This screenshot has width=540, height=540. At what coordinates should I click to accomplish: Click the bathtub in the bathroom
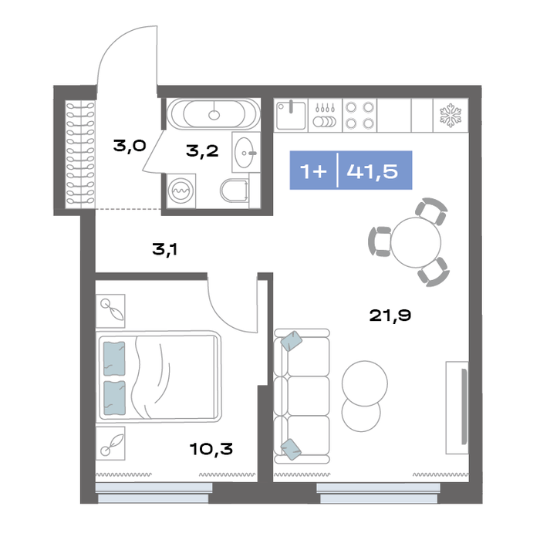point(214,113)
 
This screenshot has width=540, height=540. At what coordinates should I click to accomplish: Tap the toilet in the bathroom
point(235,190)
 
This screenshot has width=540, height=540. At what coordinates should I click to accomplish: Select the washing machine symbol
point(181,191)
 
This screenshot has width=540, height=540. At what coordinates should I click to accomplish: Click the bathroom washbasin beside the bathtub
point(245,152)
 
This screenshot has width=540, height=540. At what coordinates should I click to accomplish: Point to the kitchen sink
point(291,116)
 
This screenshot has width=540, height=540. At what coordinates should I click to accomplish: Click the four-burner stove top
point(359,115)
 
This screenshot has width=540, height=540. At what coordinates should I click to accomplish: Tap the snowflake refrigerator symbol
point(451,116)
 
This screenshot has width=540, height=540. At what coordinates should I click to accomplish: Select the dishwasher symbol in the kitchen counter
point(325,116)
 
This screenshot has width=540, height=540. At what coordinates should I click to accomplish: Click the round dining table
point(416,242)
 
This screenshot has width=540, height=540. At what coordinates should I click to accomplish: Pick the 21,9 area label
point(390,315)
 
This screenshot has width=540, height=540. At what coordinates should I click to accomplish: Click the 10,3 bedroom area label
point(211,449)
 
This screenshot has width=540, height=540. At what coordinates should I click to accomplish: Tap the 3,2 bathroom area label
point(202,151)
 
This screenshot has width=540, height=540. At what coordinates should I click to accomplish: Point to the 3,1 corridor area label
point(165,249)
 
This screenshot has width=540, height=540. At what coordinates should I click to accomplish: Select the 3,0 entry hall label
point(130,146)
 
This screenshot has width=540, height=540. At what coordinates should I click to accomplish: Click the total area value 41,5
point(373,170)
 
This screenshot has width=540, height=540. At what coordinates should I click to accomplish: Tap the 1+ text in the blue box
point(313,170)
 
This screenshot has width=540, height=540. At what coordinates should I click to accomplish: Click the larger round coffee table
point(365,383)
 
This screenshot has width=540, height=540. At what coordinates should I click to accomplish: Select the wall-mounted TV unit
point(457,407)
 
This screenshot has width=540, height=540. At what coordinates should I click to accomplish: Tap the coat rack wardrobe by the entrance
point(80,154)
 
